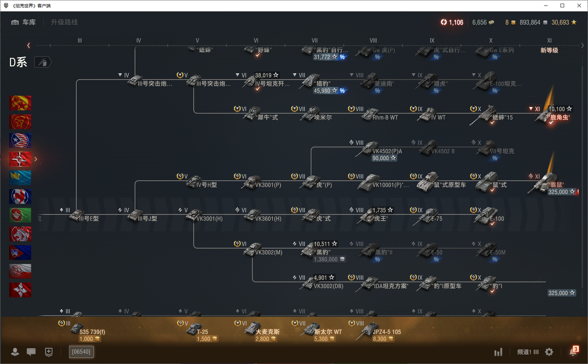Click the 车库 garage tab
(24, 22)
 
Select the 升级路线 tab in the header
(64, 22)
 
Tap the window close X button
(579, 5)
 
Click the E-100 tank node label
(497, 219)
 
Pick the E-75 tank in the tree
(437, 219)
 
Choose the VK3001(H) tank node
(209, 219)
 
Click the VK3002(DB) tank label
(328, 286)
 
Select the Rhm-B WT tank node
(385, 118)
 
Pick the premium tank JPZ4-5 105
(387, 332)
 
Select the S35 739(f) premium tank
(92, 332)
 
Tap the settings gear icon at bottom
(549, 352)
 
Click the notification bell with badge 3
(573, 352)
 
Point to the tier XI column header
(549, 41)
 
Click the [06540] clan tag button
(81, 352)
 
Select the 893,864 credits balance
(530, 22)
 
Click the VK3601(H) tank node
(268, 219)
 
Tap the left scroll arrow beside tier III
(29, 45)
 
